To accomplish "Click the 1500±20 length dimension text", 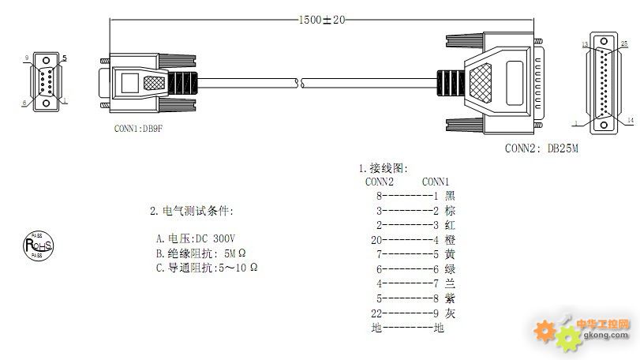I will point(321,20).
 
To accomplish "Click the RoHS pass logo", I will point(38,246).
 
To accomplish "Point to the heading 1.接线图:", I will point(384,168).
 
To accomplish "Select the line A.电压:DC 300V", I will point(196,238).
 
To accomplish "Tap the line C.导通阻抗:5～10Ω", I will point(207,268).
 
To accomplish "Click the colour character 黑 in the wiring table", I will point(450,196).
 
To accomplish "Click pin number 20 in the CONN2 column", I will point(376,239).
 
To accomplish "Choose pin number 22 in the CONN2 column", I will point(376,313).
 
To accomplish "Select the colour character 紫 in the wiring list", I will point(450,298).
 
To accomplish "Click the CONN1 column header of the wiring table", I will point(436,181).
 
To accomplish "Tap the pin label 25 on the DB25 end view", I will point(624,44).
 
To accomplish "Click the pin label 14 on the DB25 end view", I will point(630,120).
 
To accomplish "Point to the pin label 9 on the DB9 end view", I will point(26,58).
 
